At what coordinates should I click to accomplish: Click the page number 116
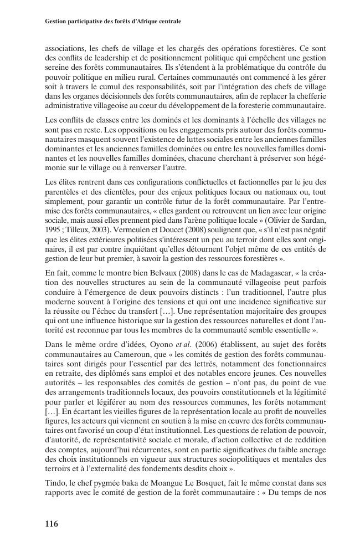(51, 523)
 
